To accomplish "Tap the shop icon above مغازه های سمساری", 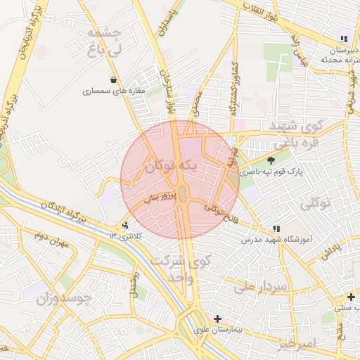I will tap(114, 80).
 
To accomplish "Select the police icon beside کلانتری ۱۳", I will tap(125, 226).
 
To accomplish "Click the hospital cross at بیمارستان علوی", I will tap(217, 319).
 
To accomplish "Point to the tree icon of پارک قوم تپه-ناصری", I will tap(271, 161).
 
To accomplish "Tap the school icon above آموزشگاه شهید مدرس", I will tap(276, 229).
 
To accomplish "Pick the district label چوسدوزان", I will tap(65, 298).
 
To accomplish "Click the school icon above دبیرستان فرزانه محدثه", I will tap(344, 39).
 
